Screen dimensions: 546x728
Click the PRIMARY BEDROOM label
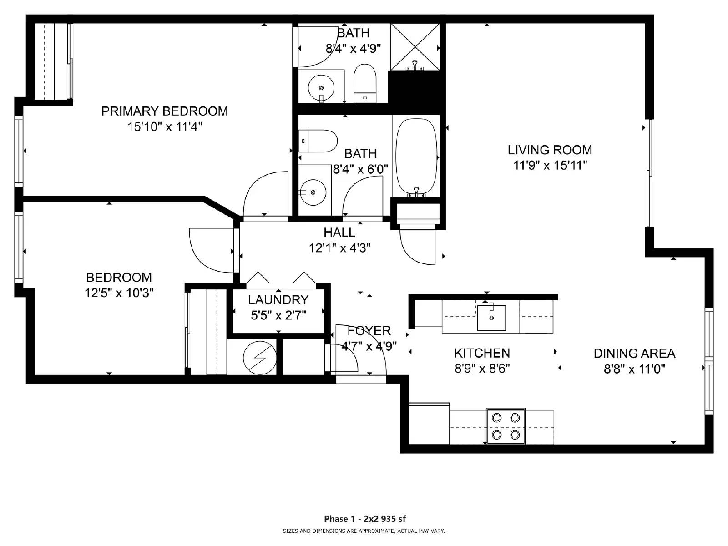pos(164,111)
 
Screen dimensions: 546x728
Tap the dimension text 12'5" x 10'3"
pos(119,293)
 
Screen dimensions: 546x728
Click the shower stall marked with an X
pos(415,47)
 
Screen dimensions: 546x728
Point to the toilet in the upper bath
pos(365,84)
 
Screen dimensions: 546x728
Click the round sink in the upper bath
pos(321,87)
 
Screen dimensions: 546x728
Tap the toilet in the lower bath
pos(318,141)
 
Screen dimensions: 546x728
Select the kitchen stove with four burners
pos(506,426)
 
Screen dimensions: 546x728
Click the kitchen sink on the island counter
pos(491,318)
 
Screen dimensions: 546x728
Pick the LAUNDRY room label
pos(278,300)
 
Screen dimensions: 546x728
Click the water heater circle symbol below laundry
pos(260,358)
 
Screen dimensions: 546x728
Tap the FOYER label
pos(369,331)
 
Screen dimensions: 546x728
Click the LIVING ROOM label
pos(550,150)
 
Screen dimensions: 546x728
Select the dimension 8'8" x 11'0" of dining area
pos(634,369)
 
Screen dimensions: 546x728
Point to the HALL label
pos(339,233)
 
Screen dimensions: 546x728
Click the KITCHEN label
pos(482,353)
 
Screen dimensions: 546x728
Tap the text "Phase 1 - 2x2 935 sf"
pos(364,519)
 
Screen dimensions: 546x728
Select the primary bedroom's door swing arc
pos(264,193)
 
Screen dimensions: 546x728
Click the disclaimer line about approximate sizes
pos(364,531)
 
